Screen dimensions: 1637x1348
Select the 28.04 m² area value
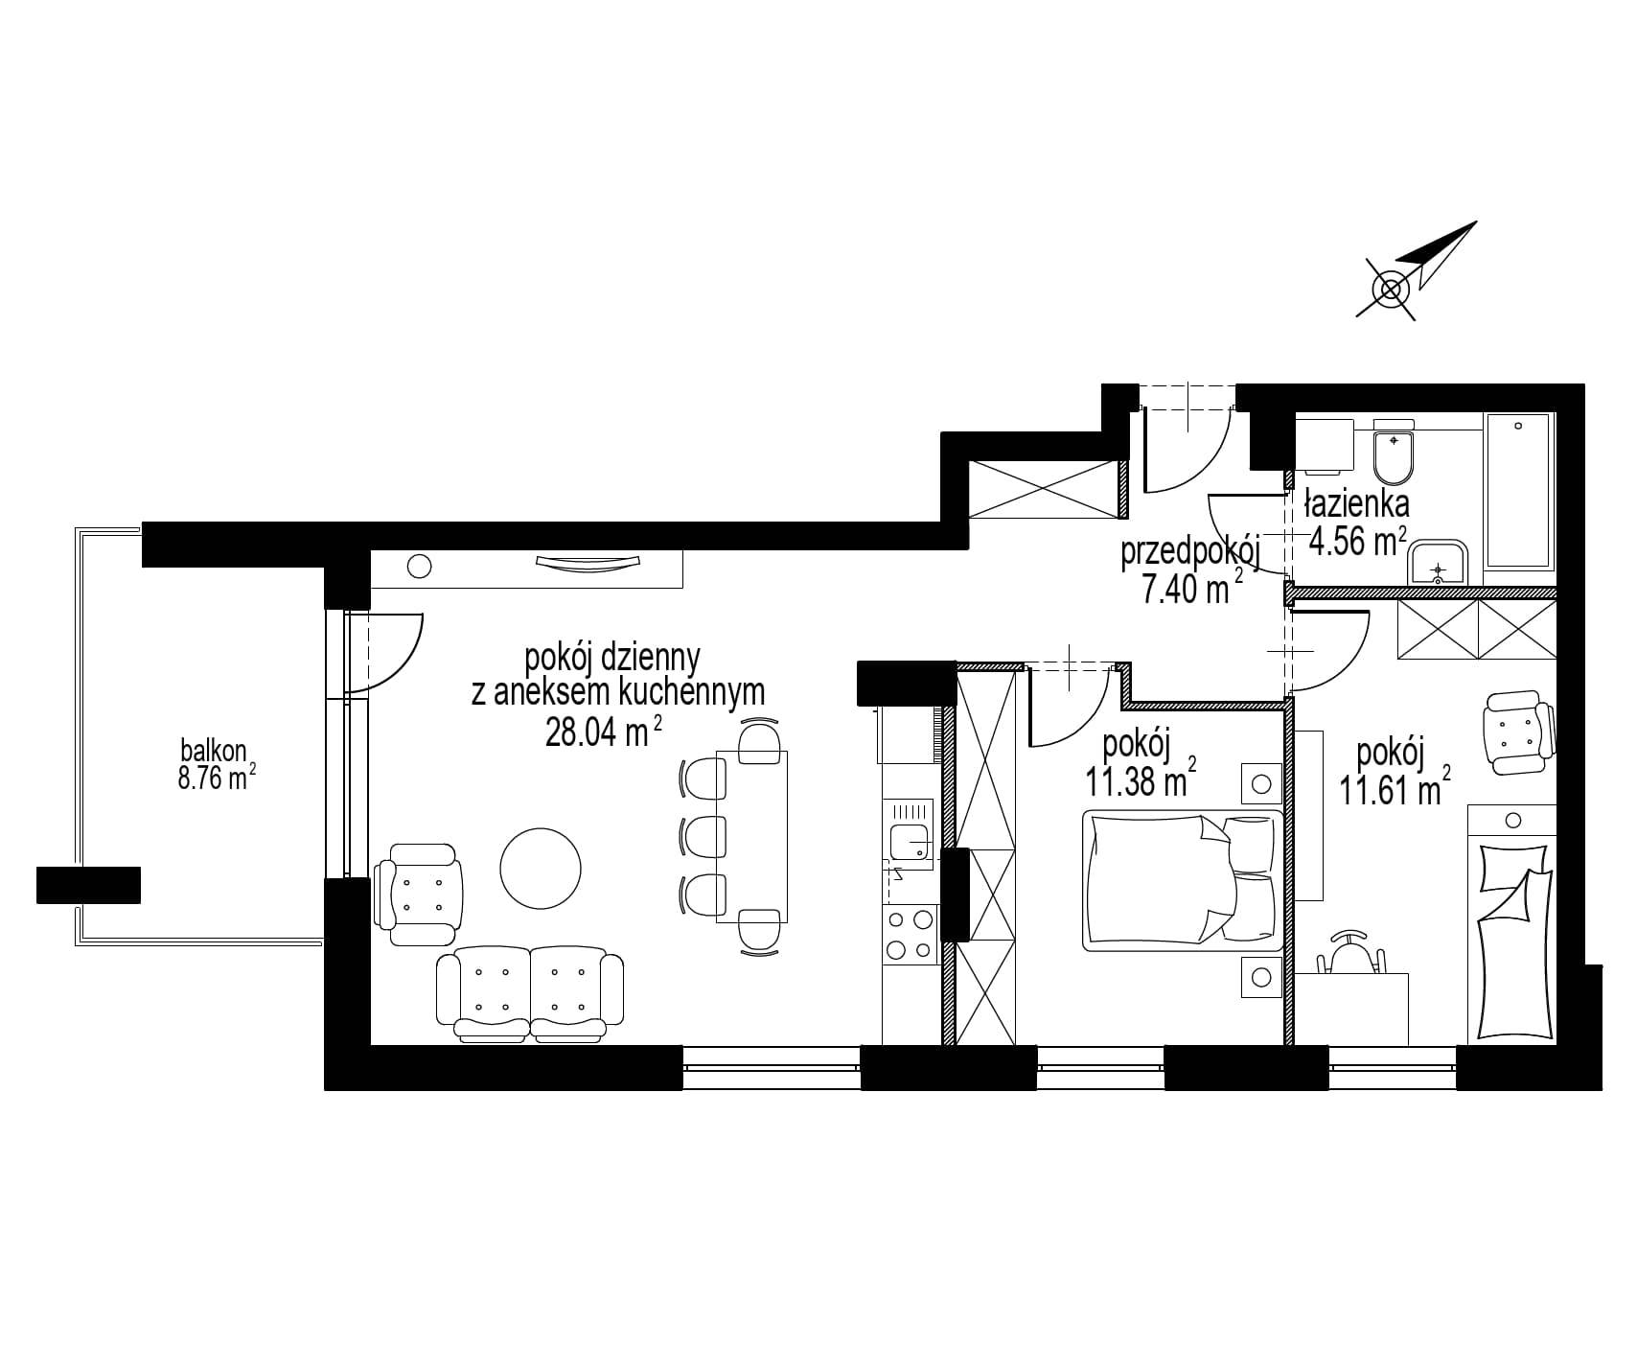(604, 732)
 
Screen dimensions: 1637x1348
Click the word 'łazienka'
(1355, 502)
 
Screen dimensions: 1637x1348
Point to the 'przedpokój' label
(1189, 552)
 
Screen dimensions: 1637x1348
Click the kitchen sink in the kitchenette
(909, 841)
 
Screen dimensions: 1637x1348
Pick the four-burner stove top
(910, 935)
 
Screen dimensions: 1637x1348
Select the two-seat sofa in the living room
(529, 995)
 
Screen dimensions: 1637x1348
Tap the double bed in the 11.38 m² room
(1183, 881)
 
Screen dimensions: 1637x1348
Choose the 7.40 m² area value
(1191, 590)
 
